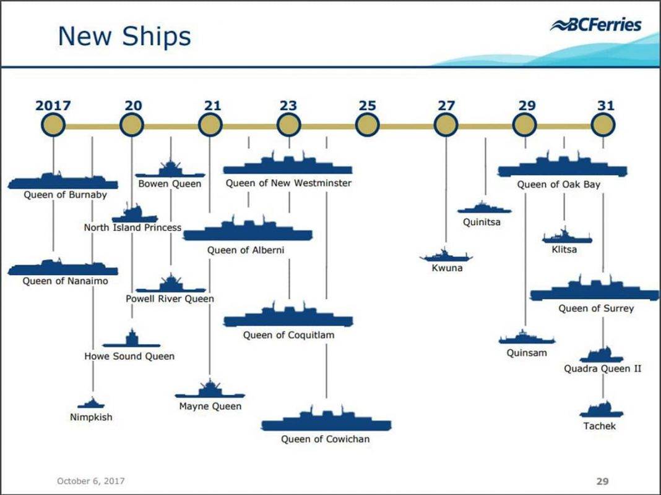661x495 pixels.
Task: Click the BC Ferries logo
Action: pos(596,25)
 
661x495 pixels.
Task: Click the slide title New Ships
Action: pos(124,36)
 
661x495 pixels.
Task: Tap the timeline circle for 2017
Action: pos(53,125)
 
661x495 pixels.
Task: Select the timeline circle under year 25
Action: pos(367,125)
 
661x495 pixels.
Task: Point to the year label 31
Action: pos(605,106)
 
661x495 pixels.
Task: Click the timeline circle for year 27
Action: pos(446,125)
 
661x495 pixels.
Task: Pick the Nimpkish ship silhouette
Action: pos(91,404)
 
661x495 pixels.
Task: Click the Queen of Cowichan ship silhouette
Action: pos(326,422)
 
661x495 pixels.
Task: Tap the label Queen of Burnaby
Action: pos(65,195)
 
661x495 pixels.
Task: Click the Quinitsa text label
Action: pos(482,222)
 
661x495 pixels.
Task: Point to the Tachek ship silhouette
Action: pos(598,410)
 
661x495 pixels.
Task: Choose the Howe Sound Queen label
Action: pos(129,357)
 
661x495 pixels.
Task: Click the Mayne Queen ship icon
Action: pos(210,391)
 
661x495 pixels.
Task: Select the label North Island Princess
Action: pos(132,227)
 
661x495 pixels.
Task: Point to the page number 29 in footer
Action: pos(603,481)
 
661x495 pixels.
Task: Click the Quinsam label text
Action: pos(527,353)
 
